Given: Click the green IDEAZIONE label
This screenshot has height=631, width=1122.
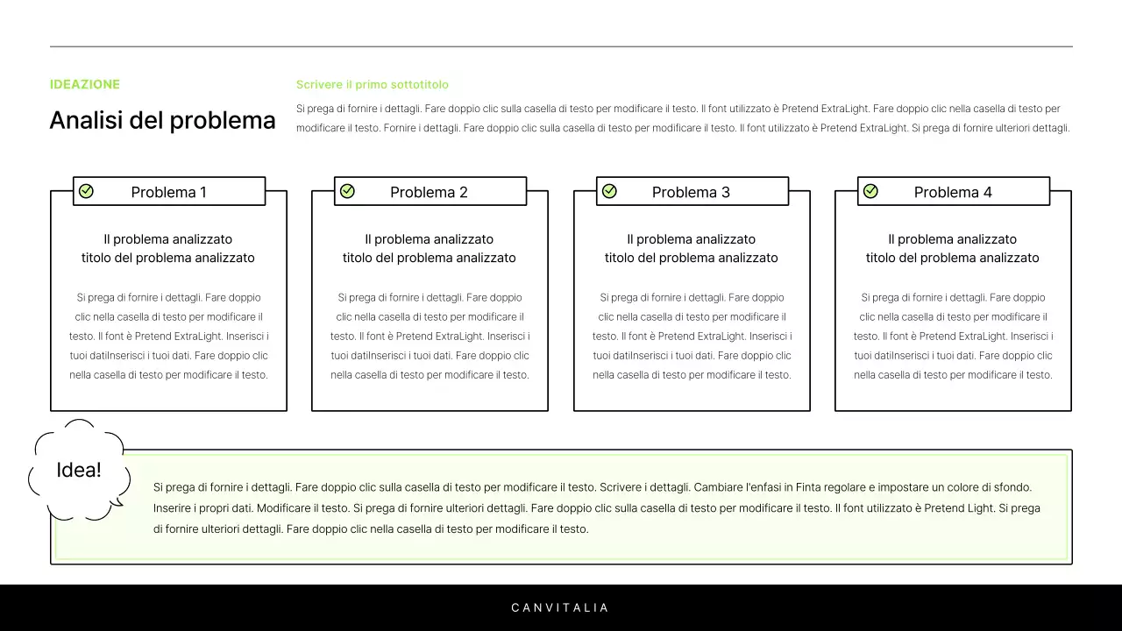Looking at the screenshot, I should point(85,84).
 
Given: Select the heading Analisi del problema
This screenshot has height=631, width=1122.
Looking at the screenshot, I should point(162,120).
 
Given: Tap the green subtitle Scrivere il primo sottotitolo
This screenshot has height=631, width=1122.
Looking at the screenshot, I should point(372,84).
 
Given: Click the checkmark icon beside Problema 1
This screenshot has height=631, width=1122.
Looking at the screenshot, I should point(86,191).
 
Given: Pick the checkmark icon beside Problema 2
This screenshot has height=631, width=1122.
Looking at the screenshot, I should point(347,191).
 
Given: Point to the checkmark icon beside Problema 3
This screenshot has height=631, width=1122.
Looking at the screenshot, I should point(609,191).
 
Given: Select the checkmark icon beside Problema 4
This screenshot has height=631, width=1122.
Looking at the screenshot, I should point(870,191).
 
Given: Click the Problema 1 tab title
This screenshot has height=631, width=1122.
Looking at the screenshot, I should point(169,192).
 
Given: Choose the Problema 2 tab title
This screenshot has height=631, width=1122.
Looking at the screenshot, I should point(429,192).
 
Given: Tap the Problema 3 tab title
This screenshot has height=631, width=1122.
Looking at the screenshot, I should point(691,192).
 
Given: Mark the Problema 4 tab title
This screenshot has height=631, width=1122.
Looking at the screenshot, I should point(953,192).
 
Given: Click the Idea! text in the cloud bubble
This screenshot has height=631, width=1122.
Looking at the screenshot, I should point(79,470).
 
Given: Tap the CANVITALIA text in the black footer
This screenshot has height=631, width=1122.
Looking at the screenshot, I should point(560,607).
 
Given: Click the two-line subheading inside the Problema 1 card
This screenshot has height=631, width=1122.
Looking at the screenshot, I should point(168,248).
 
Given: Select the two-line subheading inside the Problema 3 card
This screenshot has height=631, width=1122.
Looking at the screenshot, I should point(692,248).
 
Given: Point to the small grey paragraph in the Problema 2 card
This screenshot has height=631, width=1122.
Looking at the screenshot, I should point(430,336).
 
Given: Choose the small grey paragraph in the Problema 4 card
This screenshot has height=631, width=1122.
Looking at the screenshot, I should point(953,336).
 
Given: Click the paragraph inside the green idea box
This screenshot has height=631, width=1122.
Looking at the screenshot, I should point(596,507).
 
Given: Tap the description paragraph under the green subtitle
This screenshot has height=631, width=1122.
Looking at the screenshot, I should point(682,118).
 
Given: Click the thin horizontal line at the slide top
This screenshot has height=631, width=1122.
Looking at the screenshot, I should point(561,46).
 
